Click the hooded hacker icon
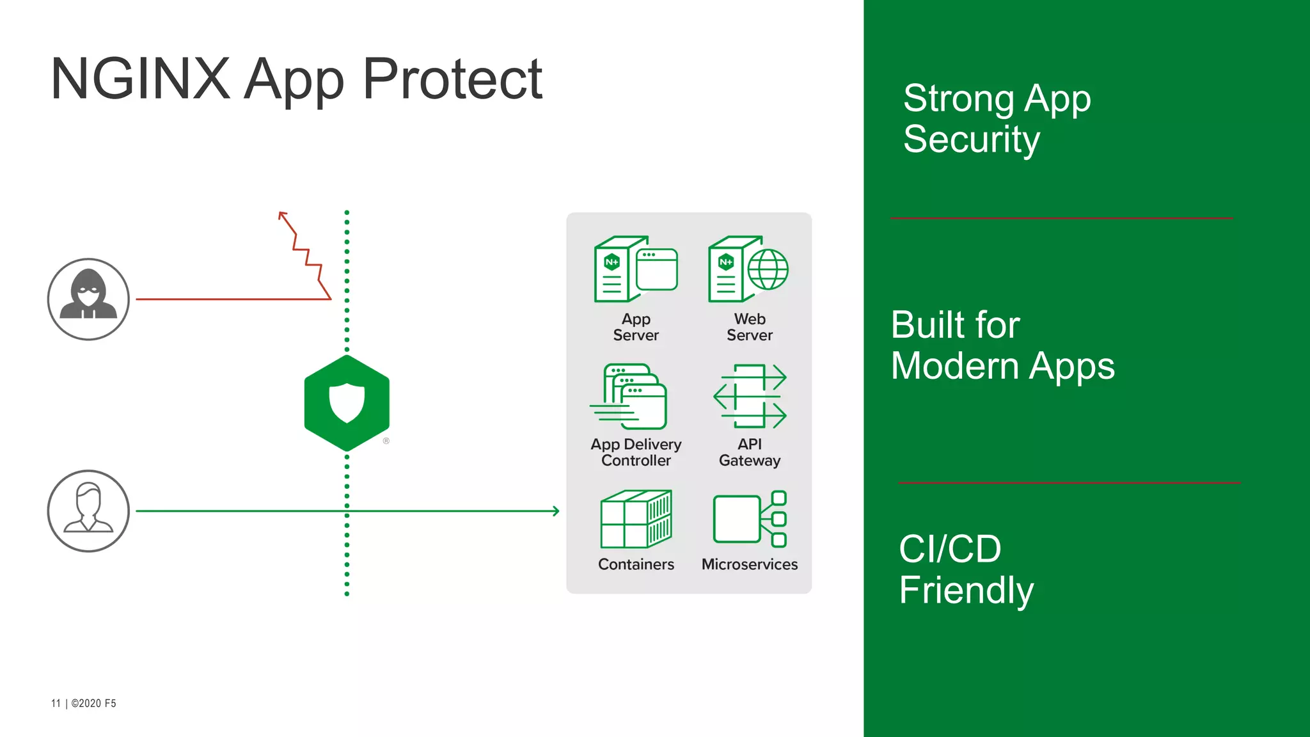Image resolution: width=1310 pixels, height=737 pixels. click(x=88, y=299)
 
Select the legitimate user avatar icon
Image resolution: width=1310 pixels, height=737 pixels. click(x=88, y=511)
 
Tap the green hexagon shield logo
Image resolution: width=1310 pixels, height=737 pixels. click(x=347, y=403)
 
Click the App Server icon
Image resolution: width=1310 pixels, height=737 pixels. click(x=635, y=269)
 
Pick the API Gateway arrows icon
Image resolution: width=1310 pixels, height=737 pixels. click(x=750, y=396)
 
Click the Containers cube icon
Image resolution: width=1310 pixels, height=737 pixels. click(x=636, y=519)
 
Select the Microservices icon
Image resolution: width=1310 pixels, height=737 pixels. click(x=750, y=519)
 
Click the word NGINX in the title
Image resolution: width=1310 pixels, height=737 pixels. click(x=140, y=79)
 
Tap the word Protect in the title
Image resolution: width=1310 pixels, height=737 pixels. click(x=453, y=79)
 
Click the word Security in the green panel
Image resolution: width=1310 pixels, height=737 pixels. click(x=972, y=139)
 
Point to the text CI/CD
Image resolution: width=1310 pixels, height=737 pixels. click(x=950, y=549)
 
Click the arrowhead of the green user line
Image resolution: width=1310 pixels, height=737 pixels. click(x=556, y=511)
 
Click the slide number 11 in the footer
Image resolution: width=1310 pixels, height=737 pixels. click(x=56, y=703)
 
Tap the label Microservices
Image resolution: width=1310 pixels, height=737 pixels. click(x=750, y=564)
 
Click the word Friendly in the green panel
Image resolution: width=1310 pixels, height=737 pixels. click(x=966, y=590)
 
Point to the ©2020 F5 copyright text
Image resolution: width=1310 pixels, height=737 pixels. click(x=93, y=703)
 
